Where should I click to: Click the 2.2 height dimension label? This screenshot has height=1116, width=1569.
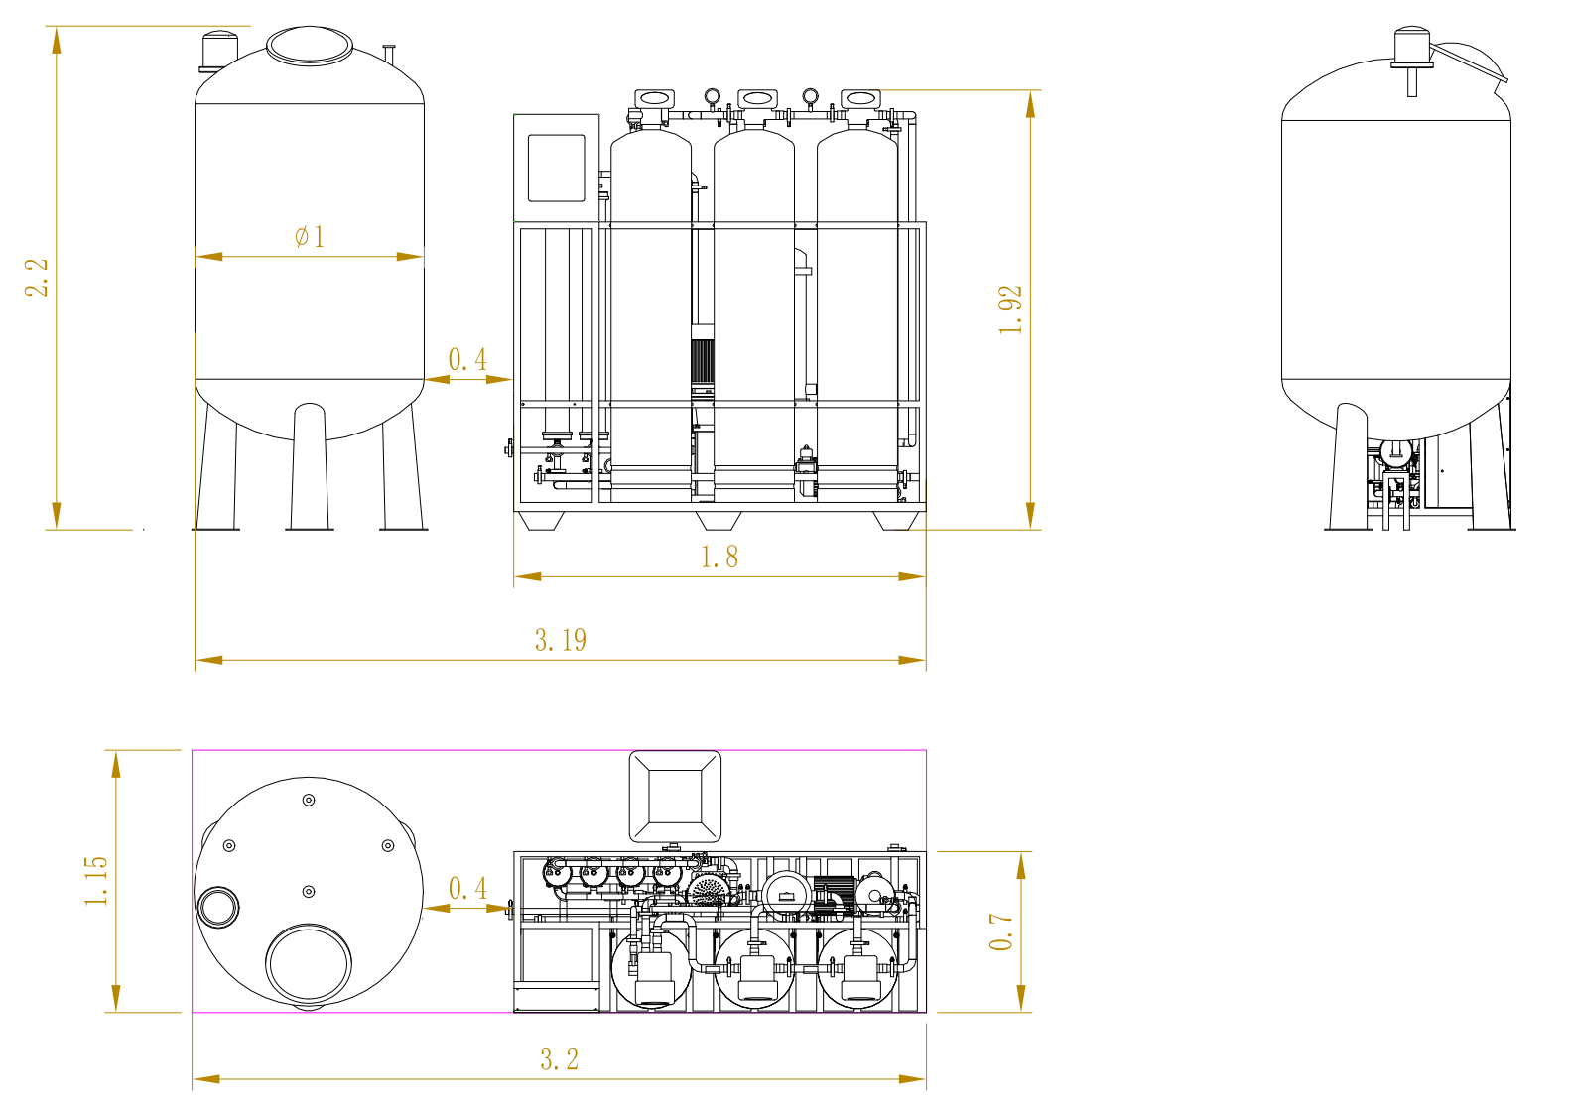click(37, 278)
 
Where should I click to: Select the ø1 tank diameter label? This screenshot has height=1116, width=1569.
click(310, 236)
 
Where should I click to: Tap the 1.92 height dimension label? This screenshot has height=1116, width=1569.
click(1010, 310)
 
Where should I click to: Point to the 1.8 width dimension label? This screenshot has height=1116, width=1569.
click(719, 558)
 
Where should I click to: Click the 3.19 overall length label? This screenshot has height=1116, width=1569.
click(561, 640)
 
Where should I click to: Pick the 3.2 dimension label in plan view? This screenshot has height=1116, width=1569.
click(559, 1059)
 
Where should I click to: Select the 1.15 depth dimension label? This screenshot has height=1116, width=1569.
click(96, 881)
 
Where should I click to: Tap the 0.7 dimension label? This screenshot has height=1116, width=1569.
click(1001, 931)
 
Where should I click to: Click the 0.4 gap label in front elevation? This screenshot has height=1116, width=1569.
click(467, 359)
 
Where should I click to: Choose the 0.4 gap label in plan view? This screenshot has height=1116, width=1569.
click(467, 888)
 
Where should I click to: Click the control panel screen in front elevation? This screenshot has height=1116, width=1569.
click(556, 168)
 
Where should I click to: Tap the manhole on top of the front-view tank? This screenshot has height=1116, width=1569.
click(309, 46)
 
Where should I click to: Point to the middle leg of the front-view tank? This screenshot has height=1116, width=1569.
click(310, 466)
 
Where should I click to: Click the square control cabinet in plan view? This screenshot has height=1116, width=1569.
click(675, 797)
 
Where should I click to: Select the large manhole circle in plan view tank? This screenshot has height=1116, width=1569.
click(308, 962)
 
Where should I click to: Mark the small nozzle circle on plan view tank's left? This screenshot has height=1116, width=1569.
click(218, 906)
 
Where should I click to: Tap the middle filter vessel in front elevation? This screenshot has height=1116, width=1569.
click(754, 308)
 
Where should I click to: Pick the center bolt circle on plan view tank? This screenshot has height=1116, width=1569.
click(309, 892)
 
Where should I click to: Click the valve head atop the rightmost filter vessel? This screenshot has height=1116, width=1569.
click(859, 98)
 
